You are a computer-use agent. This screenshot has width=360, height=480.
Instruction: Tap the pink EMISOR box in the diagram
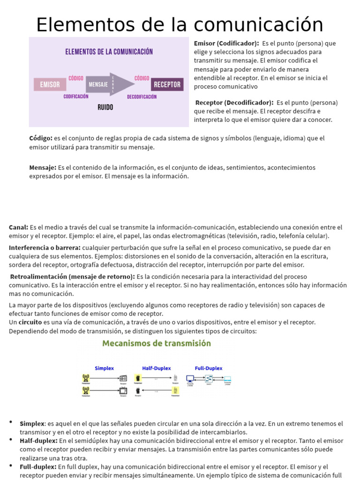coord(50,85)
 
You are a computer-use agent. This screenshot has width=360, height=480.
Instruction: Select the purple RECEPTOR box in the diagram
coord(167,85)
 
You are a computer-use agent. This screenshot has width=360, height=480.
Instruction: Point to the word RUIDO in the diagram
coord(105,107)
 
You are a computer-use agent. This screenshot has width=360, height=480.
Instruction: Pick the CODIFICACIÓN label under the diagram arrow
coord(76,97)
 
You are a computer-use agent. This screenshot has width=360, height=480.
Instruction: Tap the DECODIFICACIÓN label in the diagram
coord(142,97)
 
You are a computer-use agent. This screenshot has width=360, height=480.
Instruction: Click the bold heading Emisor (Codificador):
coord(226,44)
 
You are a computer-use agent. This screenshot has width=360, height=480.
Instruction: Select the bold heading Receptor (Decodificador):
coord(234,103)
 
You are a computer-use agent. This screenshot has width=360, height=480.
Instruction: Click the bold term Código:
coord(41,138)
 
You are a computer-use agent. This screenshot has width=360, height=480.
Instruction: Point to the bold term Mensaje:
coord(43,168)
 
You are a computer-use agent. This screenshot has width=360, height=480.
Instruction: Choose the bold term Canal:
coord(19,227)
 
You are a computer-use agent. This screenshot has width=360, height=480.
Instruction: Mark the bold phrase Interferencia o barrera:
coord(45,247)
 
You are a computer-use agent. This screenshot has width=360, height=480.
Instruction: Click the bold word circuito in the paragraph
coord(30,322)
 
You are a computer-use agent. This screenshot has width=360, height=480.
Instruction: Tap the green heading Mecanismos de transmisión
coord(157,344)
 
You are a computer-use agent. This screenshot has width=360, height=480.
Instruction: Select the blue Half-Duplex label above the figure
coord(157,368)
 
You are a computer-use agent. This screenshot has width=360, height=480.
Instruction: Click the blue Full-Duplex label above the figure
coord(209,368)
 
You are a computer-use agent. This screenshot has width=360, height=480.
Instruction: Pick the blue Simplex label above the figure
coord(104,368)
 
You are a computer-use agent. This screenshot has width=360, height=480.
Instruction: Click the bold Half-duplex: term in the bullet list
coord(38,441)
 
